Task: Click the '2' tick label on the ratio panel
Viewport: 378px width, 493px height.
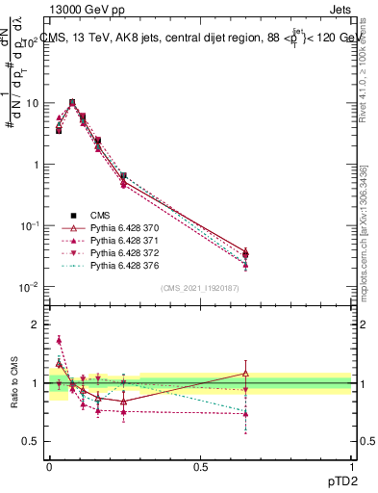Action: coord(35,324)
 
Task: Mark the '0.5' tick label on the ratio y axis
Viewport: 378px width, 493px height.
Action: coord(31,441)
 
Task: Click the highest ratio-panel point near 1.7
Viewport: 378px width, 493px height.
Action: coord(59,340)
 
